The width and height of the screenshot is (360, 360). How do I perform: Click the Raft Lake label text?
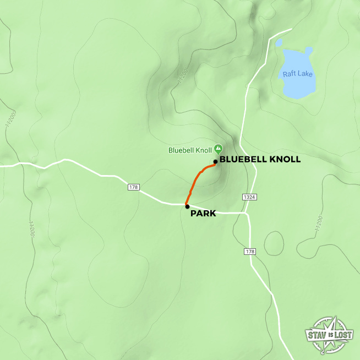[x=297, y=74]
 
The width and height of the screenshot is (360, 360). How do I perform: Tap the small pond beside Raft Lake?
[x=279, y=43]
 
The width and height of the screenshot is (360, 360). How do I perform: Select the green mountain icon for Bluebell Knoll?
[x=219, y=149]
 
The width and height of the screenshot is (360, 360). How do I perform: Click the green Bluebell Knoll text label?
[x=190, y=150]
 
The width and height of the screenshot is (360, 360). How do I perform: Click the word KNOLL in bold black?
[x=284, y=160]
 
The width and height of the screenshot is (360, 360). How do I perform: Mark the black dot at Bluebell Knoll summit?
[x=215, y=161]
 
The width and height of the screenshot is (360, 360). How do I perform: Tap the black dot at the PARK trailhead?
[x=188, y=206]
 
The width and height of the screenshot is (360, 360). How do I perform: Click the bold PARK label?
[x=203, y=214]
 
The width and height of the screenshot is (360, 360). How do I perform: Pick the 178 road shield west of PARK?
[x=133, y=188]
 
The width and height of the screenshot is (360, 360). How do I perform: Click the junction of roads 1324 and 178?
[x=247, y=212]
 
